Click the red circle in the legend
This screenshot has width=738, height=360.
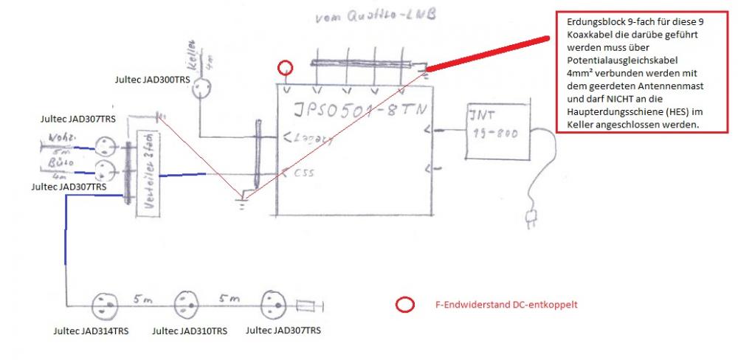[404, 305]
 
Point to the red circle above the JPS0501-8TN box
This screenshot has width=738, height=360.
[286, 69]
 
